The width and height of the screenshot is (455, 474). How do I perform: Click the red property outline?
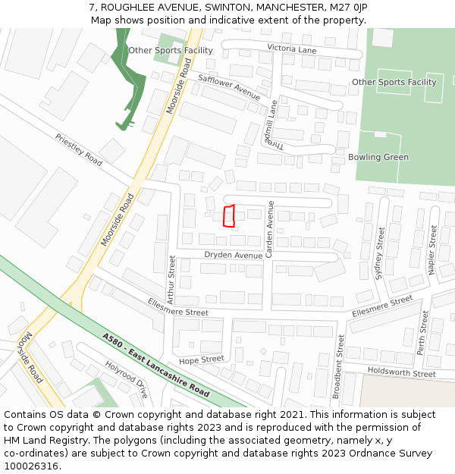[228, 216]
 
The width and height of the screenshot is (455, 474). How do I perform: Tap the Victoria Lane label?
[291, 49]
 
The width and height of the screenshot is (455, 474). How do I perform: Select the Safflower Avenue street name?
[229, 87]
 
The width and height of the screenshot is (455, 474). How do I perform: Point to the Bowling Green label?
[378, 157]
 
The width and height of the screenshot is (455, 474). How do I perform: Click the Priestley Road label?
[78, 149]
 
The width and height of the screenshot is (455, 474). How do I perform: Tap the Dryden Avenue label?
[233, 255]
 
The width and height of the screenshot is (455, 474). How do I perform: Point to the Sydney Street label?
[381, 253]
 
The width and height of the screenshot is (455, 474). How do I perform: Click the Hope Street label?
[201, 359]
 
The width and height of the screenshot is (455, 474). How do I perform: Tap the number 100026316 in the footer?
[32, 466]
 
